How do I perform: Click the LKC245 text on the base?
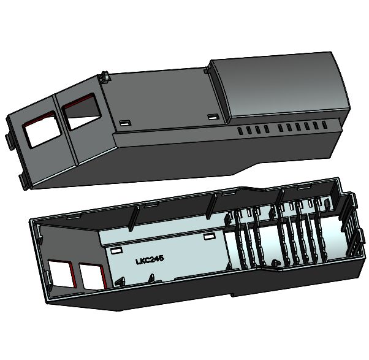(150, 260)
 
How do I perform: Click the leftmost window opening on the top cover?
(42, 129)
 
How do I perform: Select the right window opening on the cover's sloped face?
(82, 112)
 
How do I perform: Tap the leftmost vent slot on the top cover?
(240, 131)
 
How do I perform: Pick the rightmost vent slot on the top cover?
(324, 124)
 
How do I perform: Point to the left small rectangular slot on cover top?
(125, 123)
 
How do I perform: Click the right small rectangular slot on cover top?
(213, 117)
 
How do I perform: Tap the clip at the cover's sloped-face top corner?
(105, 77)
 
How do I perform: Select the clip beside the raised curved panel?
(207, 69)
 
